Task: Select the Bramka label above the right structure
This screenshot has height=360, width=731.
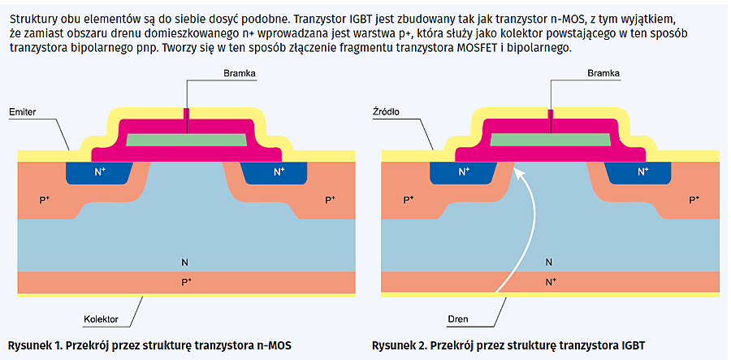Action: point(603,73)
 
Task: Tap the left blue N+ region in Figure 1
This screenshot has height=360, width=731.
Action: point(99,171)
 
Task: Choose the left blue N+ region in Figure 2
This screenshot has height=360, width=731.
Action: point(463,171)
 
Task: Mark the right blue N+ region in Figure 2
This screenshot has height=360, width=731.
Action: point(642,171)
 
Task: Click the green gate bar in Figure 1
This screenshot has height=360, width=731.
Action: point(185,140)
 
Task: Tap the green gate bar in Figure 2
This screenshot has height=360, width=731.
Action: point(549,140)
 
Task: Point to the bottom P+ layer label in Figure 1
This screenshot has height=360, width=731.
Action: point(186,281)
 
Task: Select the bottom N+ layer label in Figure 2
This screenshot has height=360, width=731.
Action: point(550,281)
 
